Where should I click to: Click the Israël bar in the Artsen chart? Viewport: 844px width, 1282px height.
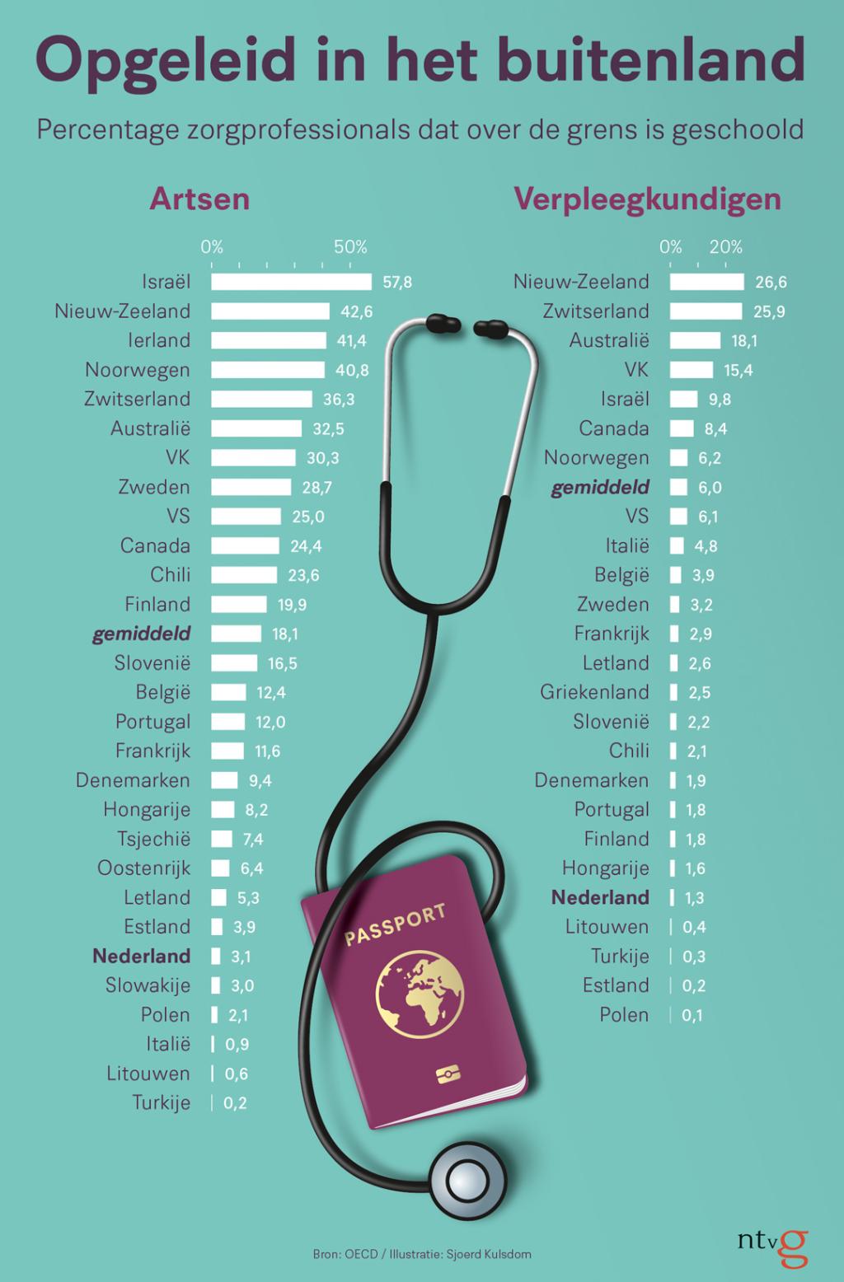click(x=291, y=282)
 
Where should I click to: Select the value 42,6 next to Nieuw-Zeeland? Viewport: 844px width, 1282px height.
click(x=357, y=311)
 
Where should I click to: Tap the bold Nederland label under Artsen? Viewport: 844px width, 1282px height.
click(x=141, y=956)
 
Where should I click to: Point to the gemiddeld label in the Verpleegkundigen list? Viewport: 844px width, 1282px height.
click(x=600, y=487)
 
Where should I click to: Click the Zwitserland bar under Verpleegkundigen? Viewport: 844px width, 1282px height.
click(x=706, y=311)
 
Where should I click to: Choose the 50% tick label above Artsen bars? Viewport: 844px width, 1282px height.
click(x=350, y=247)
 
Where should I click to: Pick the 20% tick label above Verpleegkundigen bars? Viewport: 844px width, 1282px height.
click(x=725, y=247)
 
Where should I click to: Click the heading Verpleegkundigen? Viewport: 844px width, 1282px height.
click(x=647, y=199)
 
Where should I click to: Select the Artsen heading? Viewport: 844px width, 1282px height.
click(x=199, y=199)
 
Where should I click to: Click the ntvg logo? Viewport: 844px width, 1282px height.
click(x=772, y=1247)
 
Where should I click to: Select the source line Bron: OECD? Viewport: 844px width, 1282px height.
click(x=345, y=1254)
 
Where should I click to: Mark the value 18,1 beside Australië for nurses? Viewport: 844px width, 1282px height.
click(x=743, y=341)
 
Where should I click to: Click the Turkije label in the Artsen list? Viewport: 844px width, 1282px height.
click(x=162, y=1102)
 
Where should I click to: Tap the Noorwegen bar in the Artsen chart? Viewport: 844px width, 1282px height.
click(x=268, y=370)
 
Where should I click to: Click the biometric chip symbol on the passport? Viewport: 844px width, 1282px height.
click(x=446, y=1074)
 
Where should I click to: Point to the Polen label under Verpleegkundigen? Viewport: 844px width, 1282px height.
click(x=624, y=1014)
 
